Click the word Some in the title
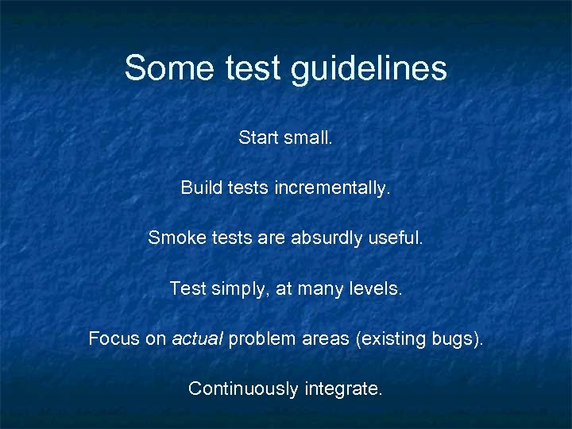(x=166, y=68)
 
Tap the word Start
(x=258, y=137)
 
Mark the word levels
(x=377, y=288)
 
